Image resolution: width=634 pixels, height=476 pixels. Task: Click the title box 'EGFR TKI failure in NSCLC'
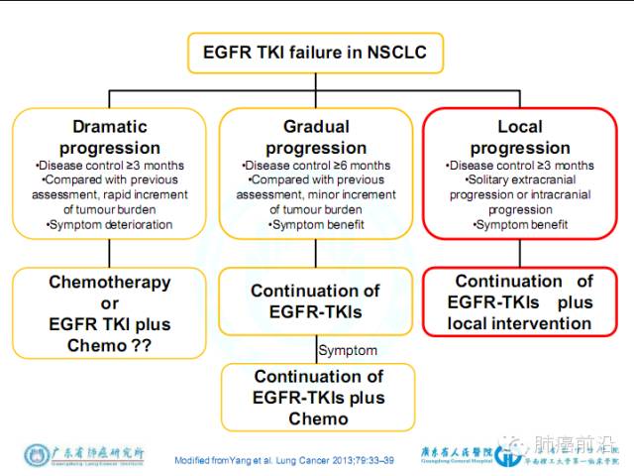tap(315, 52)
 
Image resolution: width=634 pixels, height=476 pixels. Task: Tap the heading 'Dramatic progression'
tap(110, 137)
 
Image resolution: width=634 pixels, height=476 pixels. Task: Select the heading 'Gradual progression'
tap(316, 137)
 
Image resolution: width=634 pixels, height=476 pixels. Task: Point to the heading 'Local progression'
tap(520, 137)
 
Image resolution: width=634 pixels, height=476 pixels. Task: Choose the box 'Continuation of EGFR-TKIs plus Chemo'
tap(316, 397)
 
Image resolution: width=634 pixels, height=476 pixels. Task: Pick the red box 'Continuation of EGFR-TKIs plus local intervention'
tap(523, 302)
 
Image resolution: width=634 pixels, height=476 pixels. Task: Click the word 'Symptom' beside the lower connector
tap(348, 350)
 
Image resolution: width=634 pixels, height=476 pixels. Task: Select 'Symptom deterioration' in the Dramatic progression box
tap(110, 225)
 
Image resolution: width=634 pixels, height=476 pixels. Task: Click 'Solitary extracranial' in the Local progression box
tap(521, 179)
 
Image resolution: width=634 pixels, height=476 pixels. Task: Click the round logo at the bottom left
tap(36, 456)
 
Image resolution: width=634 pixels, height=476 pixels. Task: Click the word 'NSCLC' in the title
tap(393, 52)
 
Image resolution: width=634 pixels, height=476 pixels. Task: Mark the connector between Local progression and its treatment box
tap(522, 254)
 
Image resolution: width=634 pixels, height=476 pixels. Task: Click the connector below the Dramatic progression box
tap(110, 254)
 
